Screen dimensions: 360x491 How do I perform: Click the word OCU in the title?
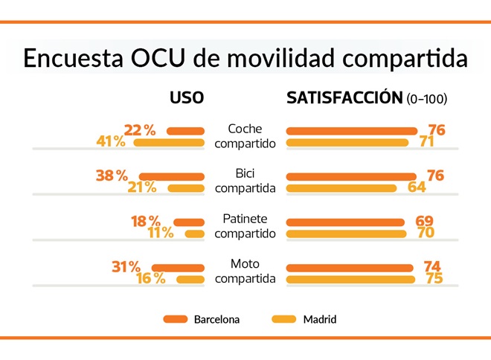(144, 59)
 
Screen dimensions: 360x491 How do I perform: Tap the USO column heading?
(187, 98)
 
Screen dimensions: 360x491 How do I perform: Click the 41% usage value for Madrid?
(111, 142)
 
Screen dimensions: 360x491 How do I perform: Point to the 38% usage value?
(112, 176)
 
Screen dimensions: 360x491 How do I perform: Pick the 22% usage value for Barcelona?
(140, 130)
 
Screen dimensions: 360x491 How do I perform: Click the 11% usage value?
(160, 234)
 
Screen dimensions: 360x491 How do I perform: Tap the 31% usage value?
(126, 266)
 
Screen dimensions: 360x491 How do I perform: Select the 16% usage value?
(151, 279)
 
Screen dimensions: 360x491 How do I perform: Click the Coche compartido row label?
(245, 135)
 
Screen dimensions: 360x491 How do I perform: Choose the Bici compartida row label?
(245, 181)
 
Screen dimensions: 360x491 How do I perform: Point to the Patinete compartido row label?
(245, 226)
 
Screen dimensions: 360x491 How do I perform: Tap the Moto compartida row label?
(245, 271)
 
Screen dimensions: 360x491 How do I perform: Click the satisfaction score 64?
(417, 187)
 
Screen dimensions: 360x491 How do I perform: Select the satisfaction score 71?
(426, 142)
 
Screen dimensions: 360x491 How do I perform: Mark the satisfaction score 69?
(424, 221)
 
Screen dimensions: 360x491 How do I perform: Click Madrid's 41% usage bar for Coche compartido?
(168, 142)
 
